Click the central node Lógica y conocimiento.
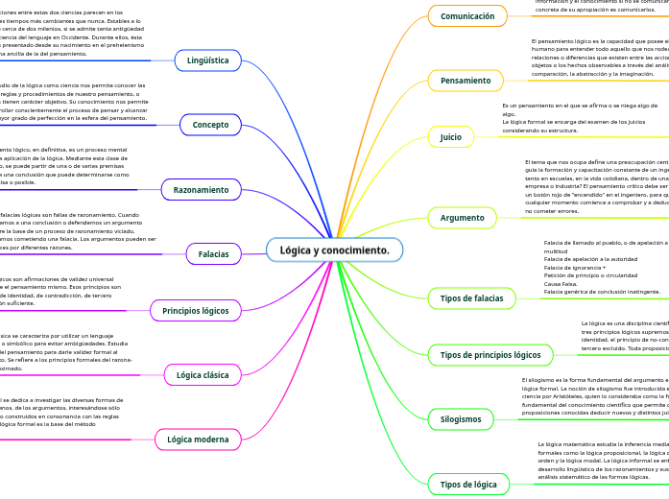click(x=334, y=250)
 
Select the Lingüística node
click(x=208, y=60)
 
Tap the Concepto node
click(x=210, y=125)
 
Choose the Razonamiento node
click(x=201, y=190)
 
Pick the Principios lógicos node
click(x=196, y=311)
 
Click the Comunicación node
click(x=467, y=16)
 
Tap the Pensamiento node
click(x=465, y=81)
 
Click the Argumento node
click(x=463, y=218)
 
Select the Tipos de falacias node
click(x=471, y=298)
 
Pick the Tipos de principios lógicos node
click(x=490, y=355)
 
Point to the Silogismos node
click(x=461, y=419)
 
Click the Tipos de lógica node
click(x=468, y=484)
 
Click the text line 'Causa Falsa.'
click(x=561, y=284)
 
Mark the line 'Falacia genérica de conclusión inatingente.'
click(x=602, y=292)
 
